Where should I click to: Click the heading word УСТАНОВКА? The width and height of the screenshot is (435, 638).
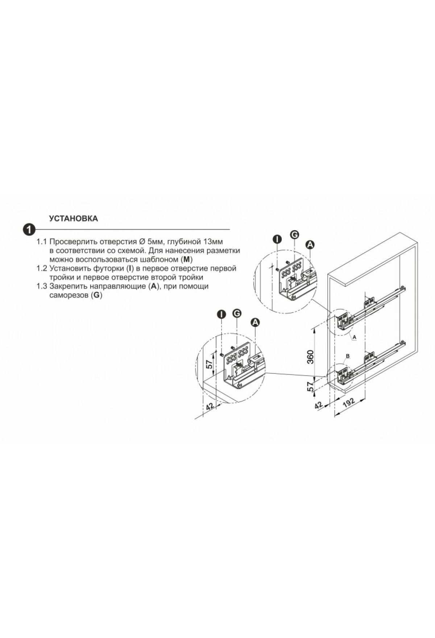(x=74, y=219)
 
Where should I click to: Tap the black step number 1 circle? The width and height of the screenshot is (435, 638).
(x=29, y=230)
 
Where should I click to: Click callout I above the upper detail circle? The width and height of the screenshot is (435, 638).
(x=277, y=239)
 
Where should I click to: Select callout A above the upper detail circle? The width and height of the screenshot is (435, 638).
(x=310, y=245)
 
